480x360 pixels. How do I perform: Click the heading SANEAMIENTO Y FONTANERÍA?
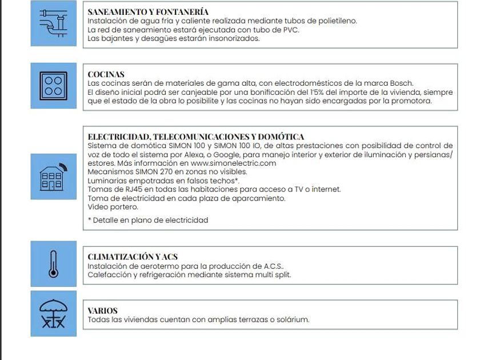tap(147, 11)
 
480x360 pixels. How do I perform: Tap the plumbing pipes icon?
tap(53, 25)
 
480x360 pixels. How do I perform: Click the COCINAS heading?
tap(106, 74)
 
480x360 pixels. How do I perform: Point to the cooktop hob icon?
tap(53, 86)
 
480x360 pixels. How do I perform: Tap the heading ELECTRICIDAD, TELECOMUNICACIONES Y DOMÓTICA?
tap(195, 137)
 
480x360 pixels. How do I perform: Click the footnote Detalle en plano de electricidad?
tap(150, 220)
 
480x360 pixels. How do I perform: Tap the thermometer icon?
tap(53, 263)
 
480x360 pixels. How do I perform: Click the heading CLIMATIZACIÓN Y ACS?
tap(133, 257)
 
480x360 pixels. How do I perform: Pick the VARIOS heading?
tap(102, 311)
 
